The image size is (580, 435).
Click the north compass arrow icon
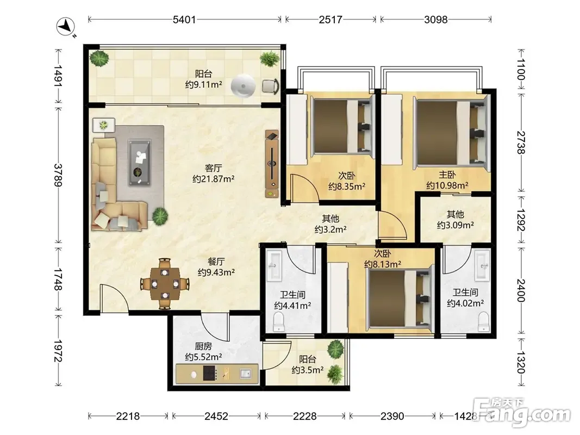click(x=66, y=27)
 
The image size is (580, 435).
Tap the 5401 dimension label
click(x=184, y=20)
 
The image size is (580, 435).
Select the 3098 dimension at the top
click(x=436, y=20)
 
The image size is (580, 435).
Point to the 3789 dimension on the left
click(x=58, y=175)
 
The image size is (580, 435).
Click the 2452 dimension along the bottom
click(x=216, y=417)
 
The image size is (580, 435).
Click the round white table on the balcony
click(x=243, y=86)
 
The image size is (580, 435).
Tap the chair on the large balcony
click(x=271, y=86)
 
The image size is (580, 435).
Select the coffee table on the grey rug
click(x=140, y=163)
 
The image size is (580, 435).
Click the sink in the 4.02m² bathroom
click(x=482, y=265)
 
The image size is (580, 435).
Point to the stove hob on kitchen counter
click(x=210, y=374)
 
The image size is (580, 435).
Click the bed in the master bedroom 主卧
click(x=451, y=133)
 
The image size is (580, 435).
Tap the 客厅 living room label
click(x=214, y=169)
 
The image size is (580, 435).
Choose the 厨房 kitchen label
click(x=203, y=346)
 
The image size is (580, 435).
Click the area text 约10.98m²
click(x=447, y=185)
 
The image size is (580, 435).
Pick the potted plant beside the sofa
click(x=160, y=216)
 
